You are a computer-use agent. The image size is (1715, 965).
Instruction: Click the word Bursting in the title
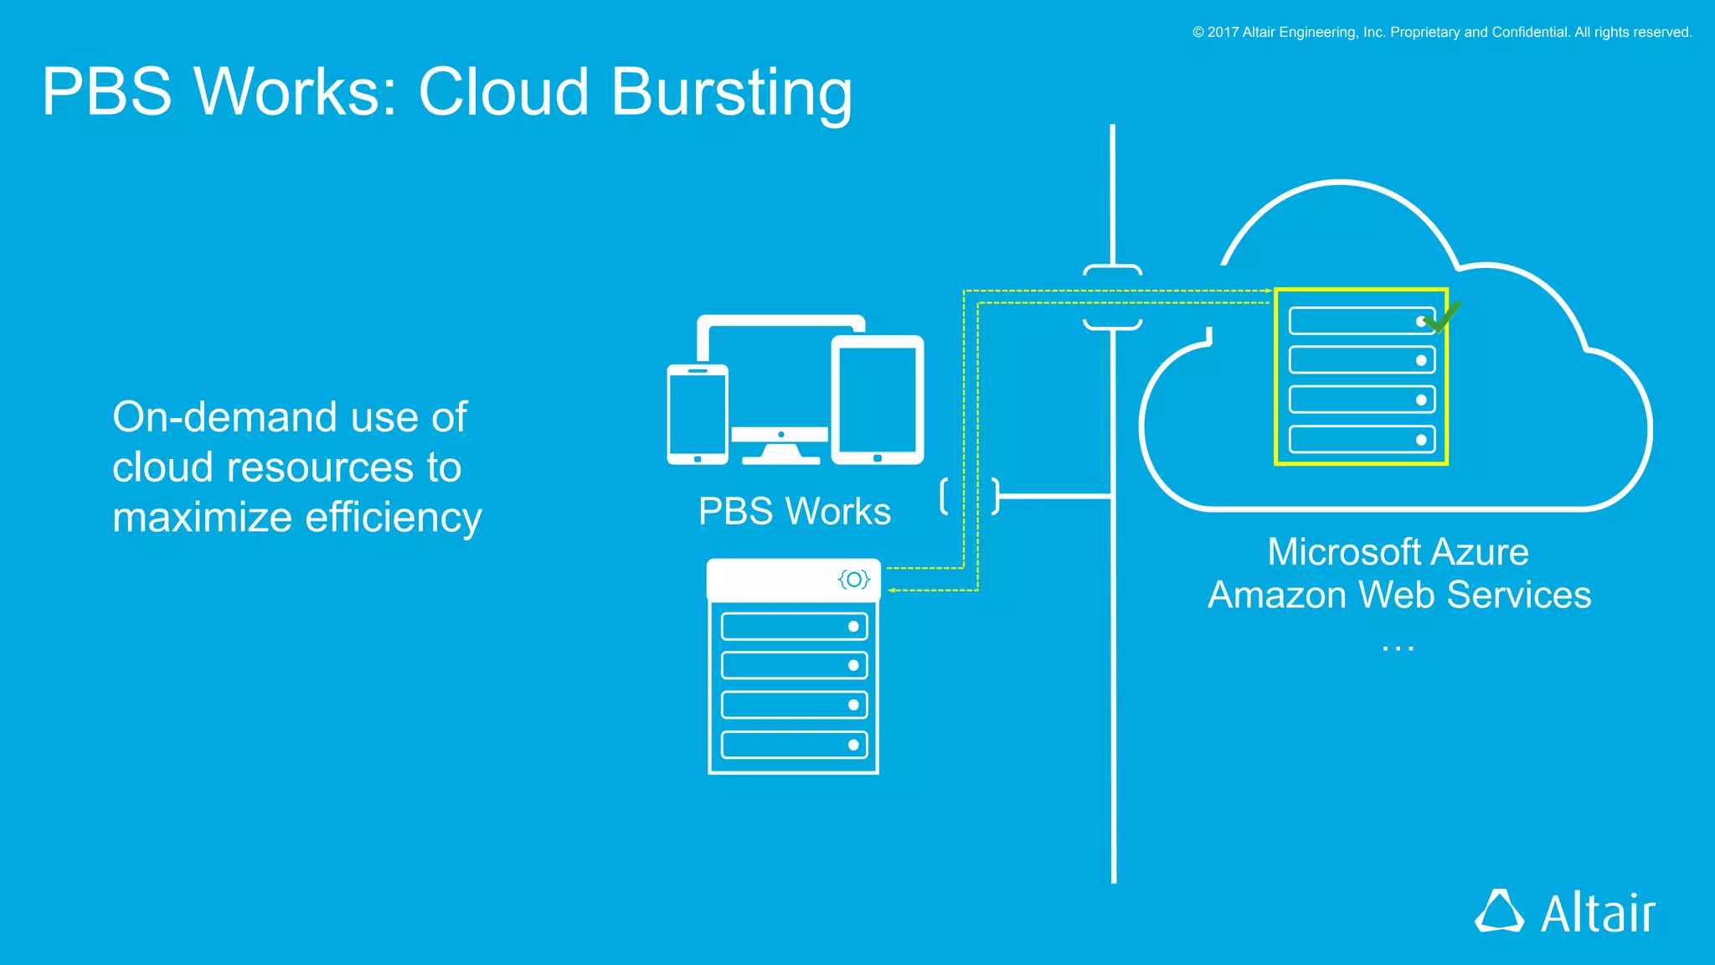(731, 92)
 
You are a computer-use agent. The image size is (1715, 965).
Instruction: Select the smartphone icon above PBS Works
(697, 414)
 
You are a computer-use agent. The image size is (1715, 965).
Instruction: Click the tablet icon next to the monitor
(877, 400)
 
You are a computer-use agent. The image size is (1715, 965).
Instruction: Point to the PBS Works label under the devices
(794, 511)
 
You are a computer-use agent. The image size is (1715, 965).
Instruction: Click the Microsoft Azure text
(1398, 552)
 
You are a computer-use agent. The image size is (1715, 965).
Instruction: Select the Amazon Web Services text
(1398, 595)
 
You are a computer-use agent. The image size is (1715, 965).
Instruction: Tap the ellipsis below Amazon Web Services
(1398, 648)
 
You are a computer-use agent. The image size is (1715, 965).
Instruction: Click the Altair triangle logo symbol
(1498, 911)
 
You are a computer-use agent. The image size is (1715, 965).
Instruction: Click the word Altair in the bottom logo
(1598, 913)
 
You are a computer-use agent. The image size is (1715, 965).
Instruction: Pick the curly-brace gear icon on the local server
(853, 579)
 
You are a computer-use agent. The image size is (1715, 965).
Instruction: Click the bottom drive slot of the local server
(793, 745)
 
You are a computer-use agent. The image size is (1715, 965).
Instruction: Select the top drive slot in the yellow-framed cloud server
(1361, 321)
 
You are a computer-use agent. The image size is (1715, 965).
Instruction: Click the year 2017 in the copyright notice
(1222, 32)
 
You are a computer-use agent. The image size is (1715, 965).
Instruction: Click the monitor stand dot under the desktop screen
(780, 434)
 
